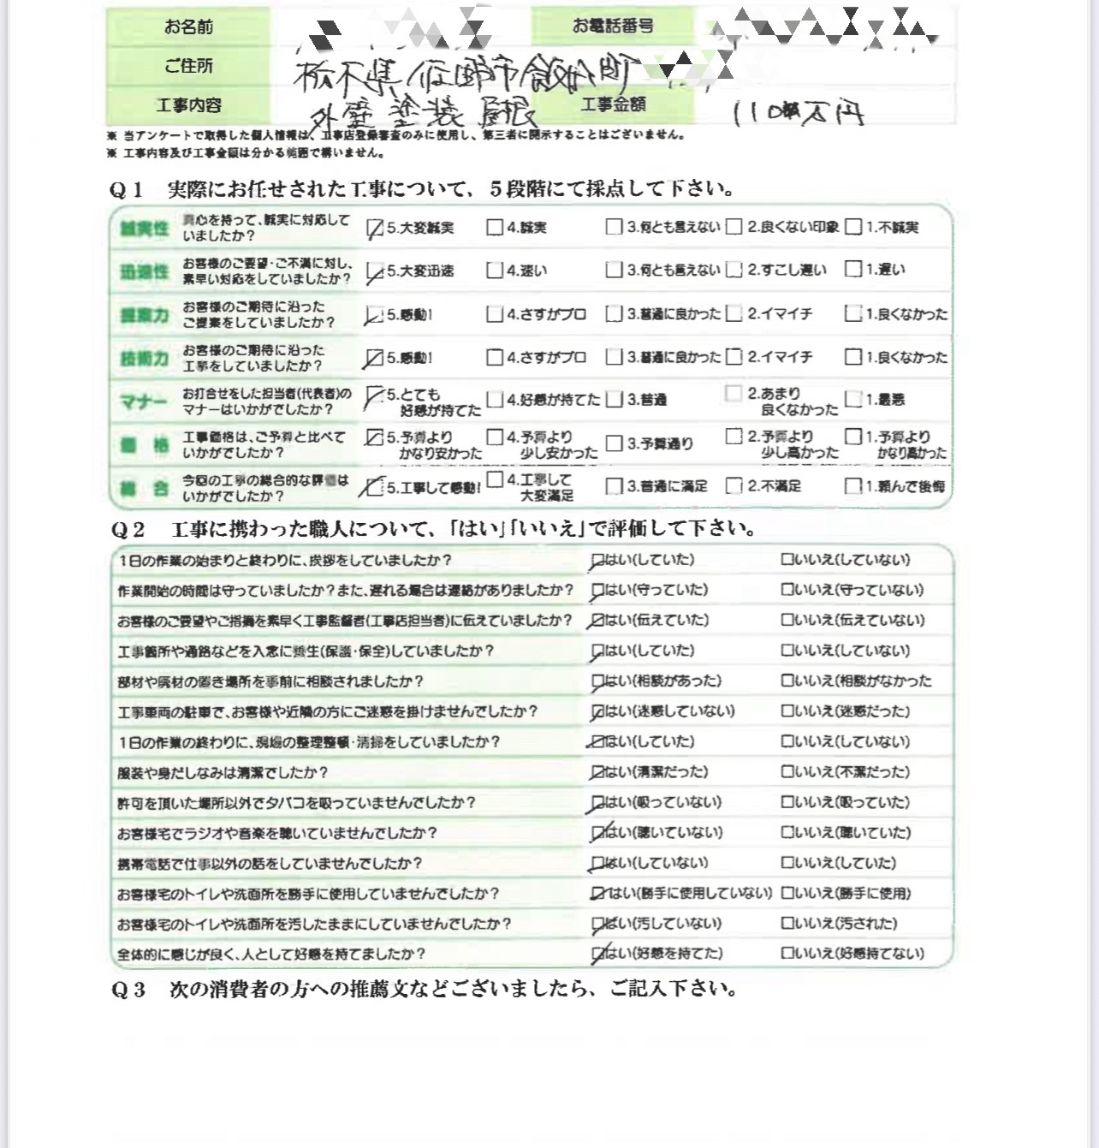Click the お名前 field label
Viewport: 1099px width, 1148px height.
coord(188,27)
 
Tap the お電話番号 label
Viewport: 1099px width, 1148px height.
coord(613,27)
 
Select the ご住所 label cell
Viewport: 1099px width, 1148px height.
coord(188,66)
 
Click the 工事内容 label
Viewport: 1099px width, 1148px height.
coord(188,105)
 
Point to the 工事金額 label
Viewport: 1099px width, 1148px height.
coord(613,104)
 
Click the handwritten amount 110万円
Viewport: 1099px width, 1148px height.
coord(798,113)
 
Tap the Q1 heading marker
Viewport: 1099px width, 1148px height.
coord(126,190)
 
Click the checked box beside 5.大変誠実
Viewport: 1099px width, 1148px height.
coord(374,229)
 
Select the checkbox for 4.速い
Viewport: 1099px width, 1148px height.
coord(494,271)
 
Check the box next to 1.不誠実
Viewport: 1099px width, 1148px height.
coord(852,227)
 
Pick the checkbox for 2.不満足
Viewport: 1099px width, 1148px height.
coord(734,486)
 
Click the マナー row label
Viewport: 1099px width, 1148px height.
coord(144,401)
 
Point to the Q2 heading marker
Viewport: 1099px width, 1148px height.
coord(126,530)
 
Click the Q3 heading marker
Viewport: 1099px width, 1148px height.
coord(128,990)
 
